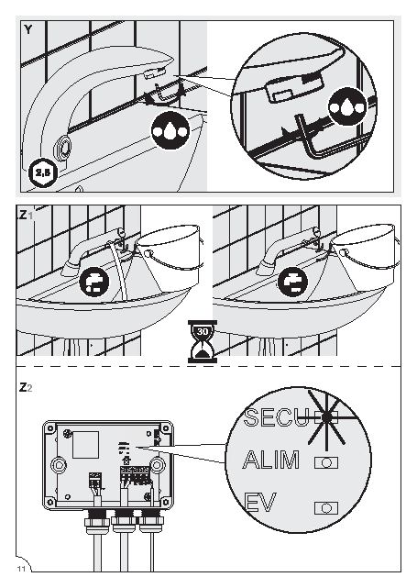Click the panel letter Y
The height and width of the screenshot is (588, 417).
click(x=28, y=29)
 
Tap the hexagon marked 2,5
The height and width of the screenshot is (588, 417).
click(x=42, y=172)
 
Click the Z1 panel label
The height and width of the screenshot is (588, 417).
click(x=26, y=216)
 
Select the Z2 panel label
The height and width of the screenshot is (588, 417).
click(x=26, y=387)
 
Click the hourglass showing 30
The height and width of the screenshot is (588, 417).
click(x=203, y=341)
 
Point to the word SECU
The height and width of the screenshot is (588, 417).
click(x=277, y=417)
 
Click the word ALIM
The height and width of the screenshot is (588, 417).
click(x=271, y=460)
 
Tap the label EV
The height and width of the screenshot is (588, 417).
click(x=259, y=503)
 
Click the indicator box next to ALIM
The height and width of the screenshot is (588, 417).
click(x=326, y=462)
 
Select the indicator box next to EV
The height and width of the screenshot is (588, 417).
click(x=326, y=508)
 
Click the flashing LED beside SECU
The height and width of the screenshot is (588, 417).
click(x=326, y=416)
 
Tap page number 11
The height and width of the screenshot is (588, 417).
click(x=21, y=569)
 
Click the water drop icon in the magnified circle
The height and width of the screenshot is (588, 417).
click(x=347, y=107)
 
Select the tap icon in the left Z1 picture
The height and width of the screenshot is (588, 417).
click(x=94, y=282)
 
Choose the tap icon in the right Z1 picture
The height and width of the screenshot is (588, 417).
click(x=292, y=282)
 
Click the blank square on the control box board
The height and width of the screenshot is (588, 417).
click(x=86, y=444)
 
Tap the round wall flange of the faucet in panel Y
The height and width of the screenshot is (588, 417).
click(x=63, y=148)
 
